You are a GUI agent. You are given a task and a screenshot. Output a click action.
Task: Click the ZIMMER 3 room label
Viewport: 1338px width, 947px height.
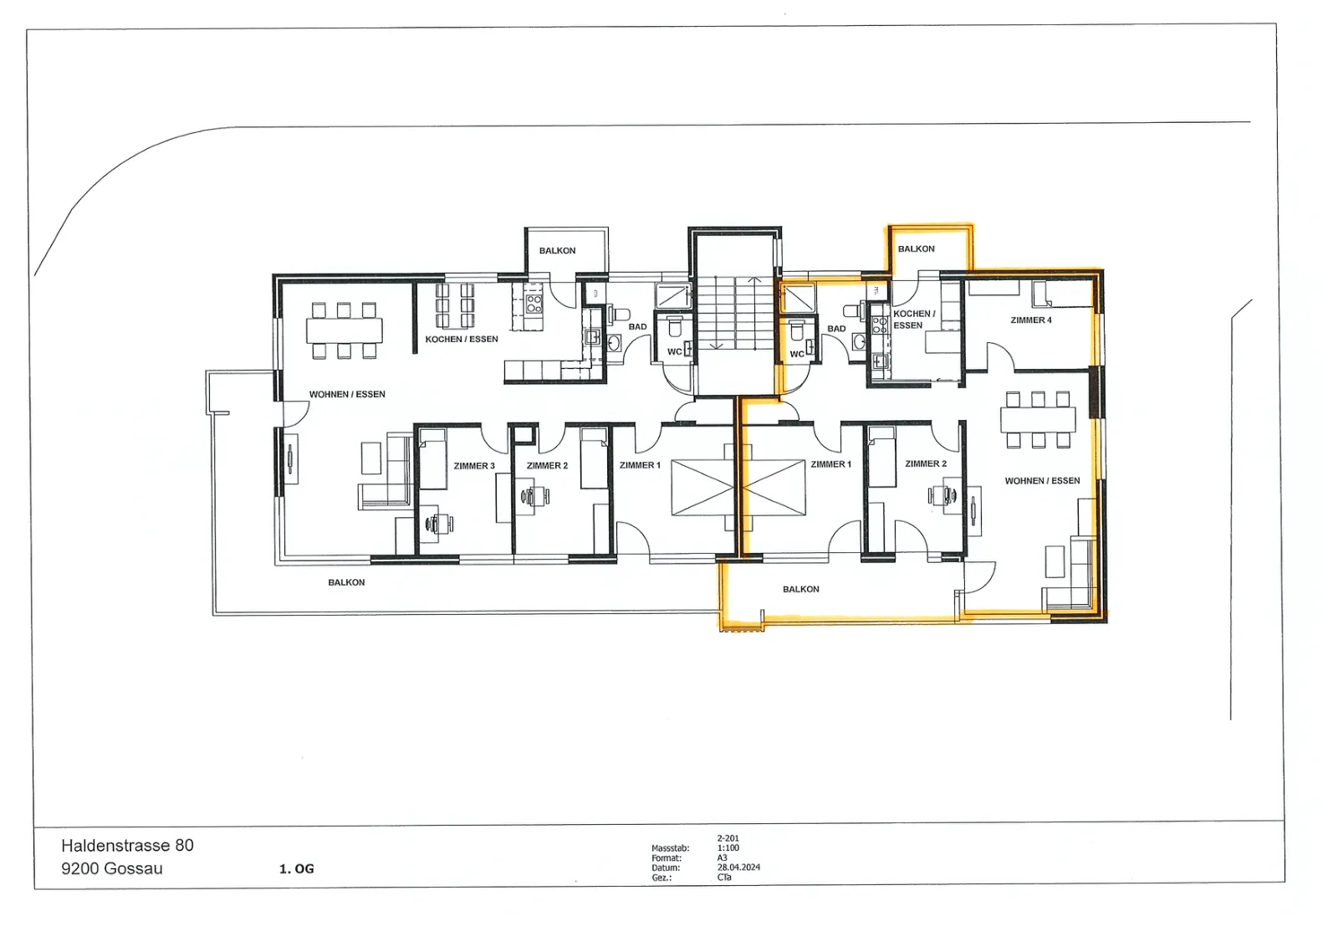474,466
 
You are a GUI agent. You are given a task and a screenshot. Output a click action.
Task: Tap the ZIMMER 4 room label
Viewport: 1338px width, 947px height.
1031,320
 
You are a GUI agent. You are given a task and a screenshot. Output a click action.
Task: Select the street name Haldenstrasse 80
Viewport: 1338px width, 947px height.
127,846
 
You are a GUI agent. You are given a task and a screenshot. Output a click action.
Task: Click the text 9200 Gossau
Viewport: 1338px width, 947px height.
112,868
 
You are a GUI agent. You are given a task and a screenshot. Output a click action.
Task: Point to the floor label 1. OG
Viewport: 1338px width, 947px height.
296,869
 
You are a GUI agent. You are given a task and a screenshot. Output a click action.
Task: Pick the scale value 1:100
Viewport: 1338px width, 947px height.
728,847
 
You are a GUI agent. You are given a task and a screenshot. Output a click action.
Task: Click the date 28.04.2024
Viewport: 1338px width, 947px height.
739,868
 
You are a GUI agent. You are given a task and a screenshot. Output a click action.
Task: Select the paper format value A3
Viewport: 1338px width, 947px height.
723,858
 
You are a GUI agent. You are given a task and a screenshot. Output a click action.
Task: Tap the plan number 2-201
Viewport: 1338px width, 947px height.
728,838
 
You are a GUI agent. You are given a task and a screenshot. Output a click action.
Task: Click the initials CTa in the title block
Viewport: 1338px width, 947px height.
724,878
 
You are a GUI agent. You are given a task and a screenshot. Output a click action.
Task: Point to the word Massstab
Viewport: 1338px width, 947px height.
670,848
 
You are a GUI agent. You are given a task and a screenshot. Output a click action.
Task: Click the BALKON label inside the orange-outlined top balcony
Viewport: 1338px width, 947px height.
917,249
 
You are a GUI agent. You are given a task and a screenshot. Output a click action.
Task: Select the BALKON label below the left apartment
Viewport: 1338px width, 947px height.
346,582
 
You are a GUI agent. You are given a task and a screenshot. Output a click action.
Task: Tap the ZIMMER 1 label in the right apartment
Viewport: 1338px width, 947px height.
831,464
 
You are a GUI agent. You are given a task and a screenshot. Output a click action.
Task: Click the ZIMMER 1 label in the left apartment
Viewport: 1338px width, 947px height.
640,465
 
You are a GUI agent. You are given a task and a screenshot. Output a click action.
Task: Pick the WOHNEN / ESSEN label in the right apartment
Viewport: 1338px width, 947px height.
1042,481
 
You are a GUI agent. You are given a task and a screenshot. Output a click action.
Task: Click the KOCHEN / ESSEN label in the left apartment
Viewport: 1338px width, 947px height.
462,340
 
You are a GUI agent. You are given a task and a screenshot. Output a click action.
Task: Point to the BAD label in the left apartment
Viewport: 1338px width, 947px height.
637,327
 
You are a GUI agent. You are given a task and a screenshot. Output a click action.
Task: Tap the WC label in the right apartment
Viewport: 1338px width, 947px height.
797,355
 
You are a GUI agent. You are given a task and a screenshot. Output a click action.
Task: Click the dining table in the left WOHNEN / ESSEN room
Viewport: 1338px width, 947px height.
344,330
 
